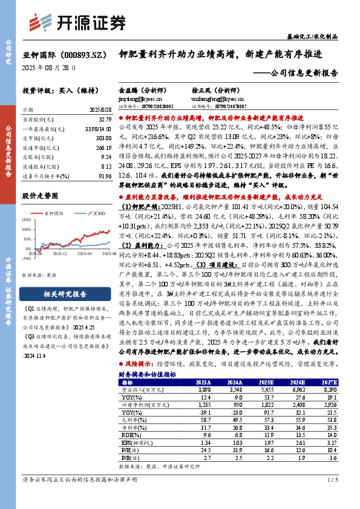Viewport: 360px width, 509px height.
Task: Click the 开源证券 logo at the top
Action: click(82, 22)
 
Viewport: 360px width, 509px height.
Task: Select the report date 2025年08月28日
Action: click(50, 67)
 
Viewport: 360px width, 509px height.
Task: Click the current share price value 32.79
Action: click(103, 120)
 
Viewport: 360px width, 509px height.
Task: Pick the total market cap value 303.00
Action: click(103, 137)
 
